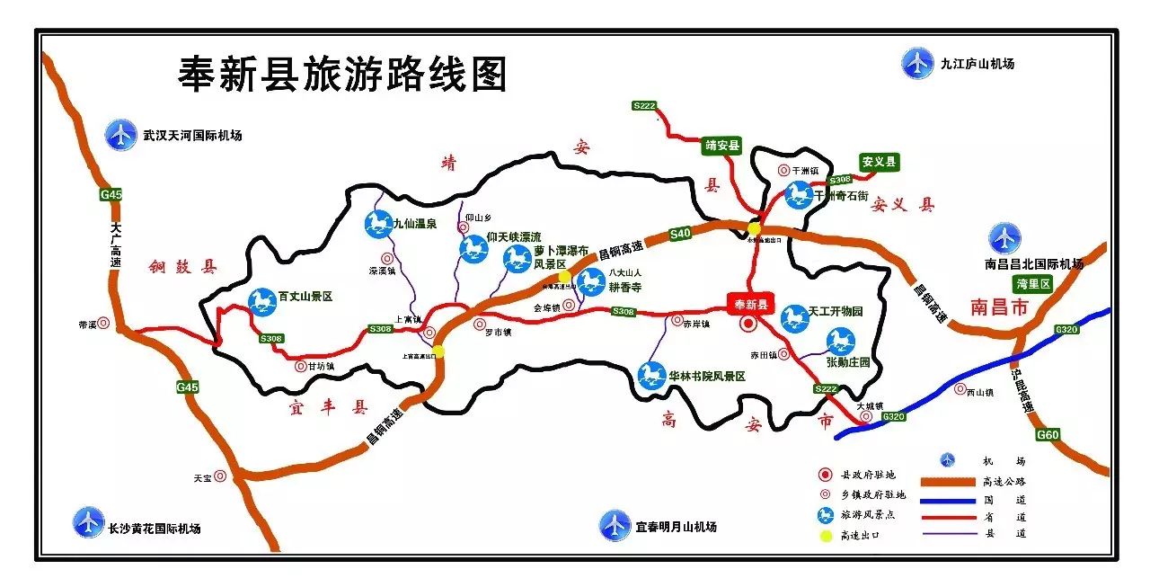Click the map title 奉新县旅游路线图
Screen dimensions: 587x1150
point(343,74)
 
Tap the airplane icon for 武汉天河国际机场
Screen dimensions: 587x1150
point(119,135)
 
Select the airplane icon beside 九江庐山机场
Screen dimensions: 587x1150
point(916,63)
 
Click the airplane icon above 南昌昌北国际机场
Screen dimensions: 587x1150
point(1004,238)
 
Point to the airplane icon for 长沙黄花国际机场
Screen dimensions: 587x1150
point(88,521)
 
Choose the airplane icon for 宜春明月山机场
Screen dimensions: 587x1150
point(615,524)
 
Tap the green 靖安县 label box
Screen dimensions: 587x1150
point(722,144)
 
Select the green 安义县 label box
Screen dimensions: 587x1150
point(879,162)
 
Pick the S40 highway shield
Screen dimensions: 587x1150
point(680,234)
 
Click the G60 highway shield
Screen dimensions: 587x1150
point(1048,434)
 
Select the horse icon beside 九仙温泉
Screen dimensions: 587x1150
point(378,225)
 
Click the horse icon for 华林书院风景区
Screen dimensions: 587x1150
point(651,375)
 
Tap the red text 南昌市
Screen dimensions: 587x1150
point(1004,307)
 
